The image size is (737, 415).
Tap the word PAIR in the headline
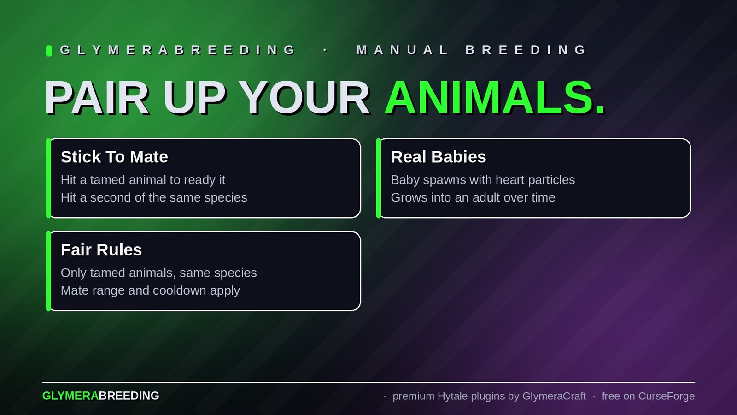click(96, 98)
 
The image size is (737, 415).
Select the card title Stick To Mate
click(114, 157)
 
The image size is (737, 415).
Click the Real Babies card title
click(438, 157)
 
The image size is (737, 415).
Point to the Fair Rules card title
click(101, 249)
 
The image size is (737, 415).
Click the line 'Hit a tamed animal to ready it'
click(143, 180)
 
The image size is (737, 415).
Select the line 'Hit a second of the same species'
click(154, 198)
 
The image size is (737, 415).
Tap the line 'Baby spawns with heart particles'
click(483, 180)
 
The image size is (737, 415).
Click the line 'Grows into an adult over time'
click(473, 198)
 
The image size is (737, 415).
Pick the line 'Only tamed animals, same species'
click(158, 273)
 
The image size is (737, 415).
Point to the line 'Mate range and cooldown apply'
click(150, 291)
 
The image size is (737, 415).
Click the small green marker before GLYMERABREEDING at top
click(49, 51)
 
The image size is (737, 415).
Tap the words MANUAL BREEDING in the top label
click(471, 50)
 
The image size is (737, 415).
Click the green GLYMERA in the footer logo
click(70, 396)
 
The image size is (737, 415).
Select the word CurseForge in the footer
click(667, 396)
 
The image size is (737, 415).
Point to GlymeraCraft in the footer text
click(554, 396)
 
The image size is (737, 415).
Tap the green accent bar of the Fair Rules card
click(49, 271)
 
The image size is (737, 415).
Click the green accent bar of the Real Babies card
click(379, 178)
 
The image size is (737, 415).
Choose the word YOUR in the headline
click(304, 98)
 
